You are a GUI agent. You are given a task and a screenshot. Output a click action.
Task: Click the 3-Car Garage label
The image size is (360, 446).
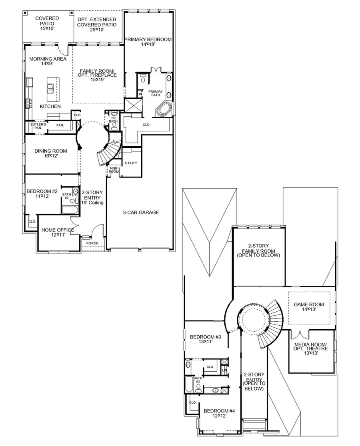click(140, 213)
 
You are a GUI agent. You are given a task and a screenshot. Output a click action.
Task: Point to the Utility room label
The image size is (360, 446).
click(131, 163)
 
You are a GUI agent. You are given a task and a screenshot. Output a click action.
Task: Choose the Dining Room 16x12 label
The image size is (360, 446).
click(50, 153)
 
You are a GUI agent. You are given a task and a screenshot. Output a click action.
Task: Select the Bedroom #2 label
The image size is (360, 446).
click(42, 194)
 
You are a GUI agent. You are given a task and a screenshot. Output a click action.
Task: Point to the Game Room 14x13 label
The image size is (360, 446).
click(309, 307)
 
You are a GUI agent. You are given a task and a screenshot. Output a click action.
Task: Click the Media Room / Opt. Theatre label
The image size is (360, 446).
click(311, 348)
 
